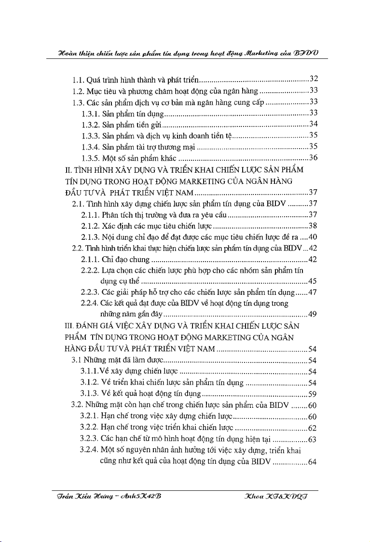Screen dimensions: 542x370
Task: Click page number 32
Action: (x=314, y=78)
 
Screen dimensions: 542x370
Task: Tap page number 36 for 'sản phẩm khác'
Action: (x=314, y=158)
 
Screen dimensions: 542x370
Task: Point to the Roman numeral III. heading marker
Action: (x=70, y=326)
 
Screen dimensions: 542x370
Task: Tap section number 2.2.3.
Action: (x=90, y=293)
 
